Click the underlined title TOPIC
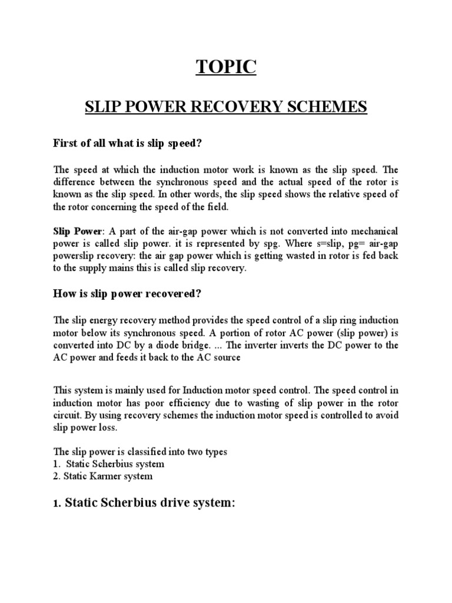(x=226, y=68)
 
